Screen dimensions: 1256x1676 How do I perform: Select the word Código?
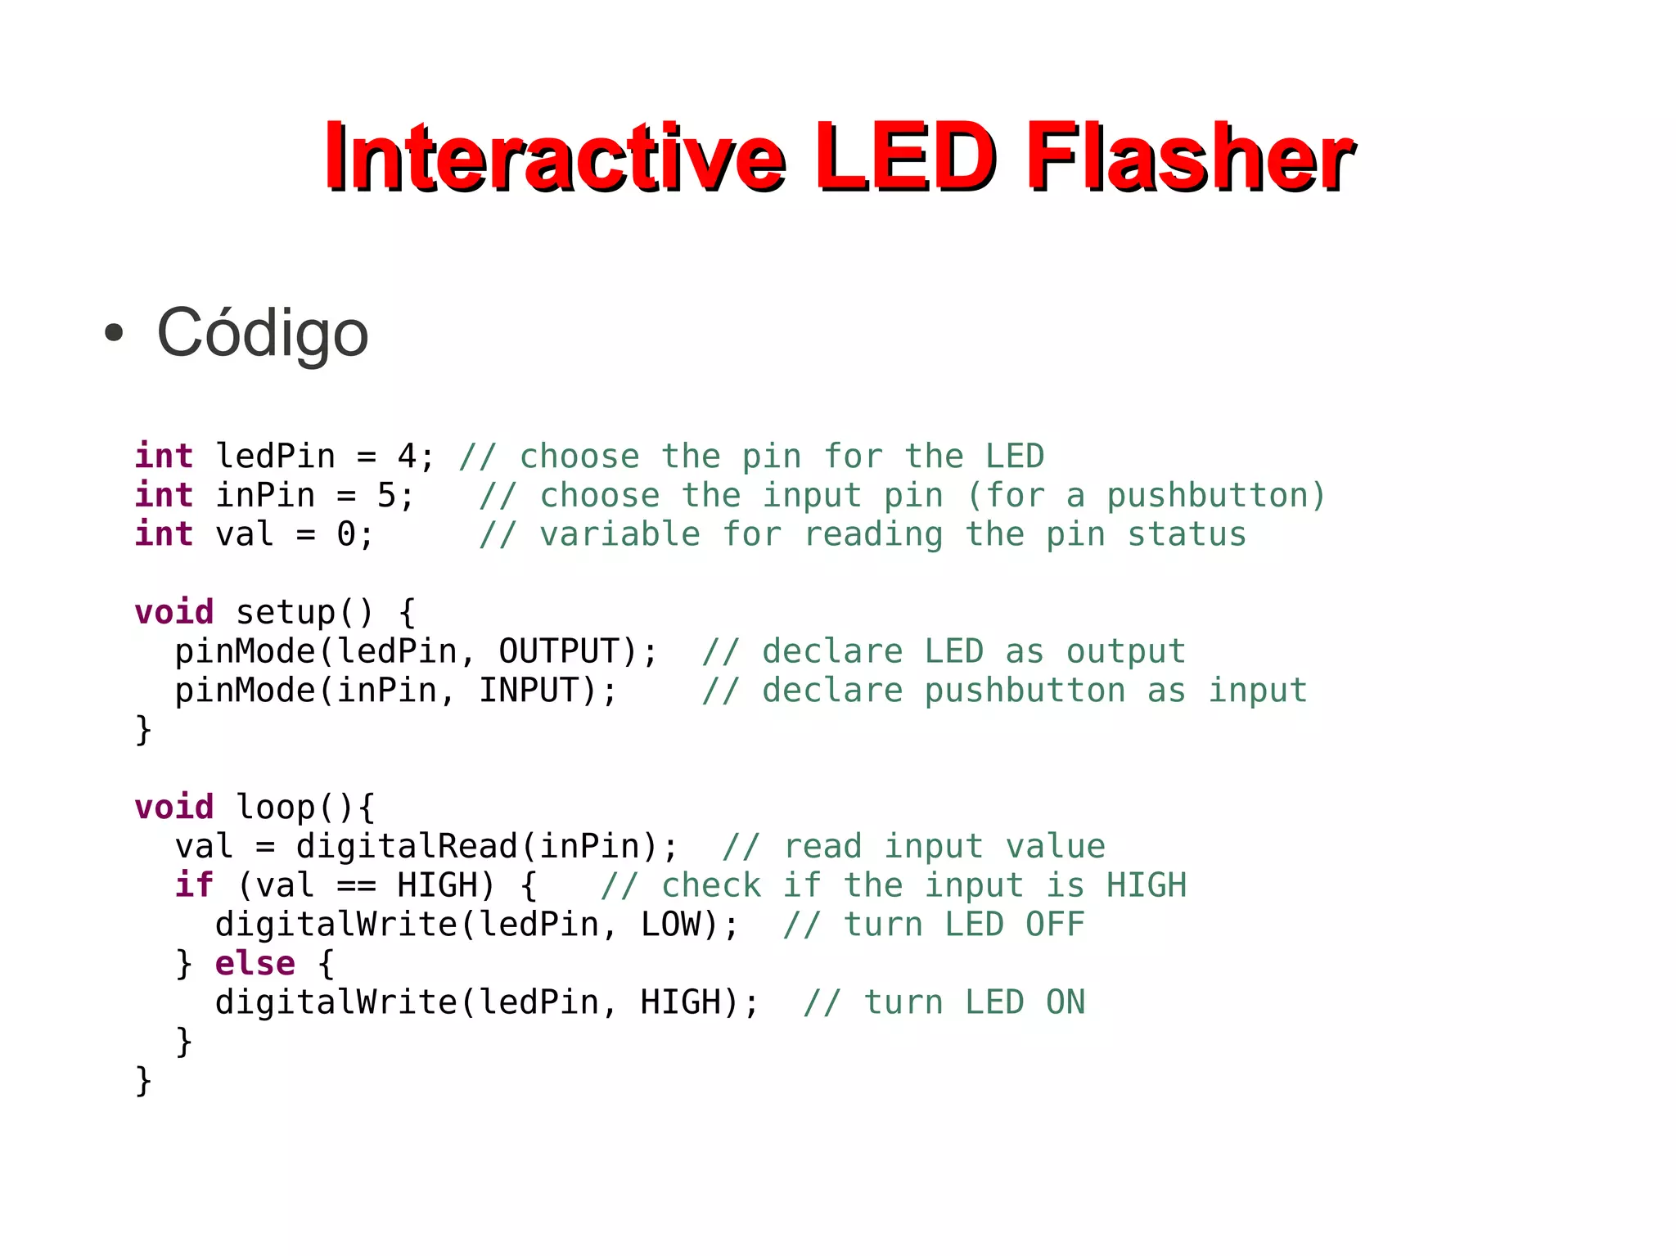[262, 332]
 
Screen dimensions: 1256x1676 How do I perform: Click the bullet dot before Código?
[114, 333]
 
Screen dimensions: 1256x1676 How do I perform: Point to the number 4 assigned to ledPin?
[407, 457]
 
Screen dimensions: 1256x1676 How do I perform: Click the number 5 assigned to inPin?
[386, 496]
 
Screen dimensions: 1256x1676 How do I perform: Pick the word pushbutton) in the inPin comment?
[1215, 496]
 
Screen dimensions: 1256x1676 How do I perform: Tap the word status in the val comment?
[1187, 535]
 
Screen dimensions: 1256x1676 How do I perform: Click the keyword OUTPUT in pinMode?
[558, 652]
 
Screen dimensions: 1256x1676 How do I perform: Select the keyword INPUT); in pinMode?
[547, 691]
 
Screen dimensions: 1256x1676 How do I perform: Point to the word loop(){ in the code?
[305, 808]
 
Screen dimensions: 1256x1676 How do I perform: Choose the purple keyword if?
[194, 885]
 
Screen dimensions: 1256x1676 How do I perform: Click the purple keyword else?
[255, 964]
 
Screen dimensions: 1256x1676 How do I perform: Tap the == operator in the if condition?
[356, 886]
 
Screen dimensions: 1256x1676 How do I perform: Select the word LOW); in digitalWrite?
[689, 925]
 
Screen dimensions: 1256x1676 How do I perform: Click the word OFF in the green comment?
[1055, 925]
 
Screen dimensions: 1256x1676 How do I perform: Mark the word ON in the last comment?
[1065, 1003]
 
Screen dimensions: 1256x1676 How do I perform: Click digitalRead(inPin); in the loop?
[487, 847]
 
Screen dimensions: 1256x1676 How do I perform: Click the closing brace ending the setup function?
[143, 730]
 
